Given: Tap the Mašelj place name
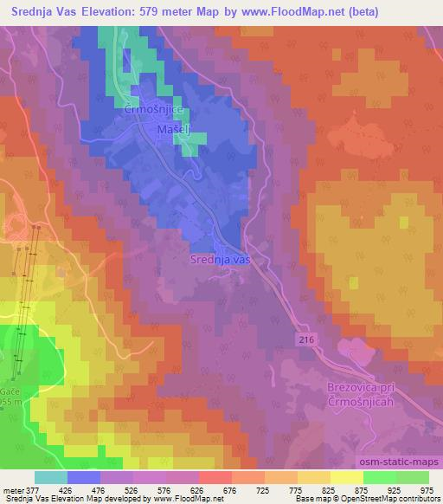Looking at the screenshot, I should tap(173, 130).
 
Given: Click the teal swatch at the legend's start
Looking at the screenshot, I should tap(50, 477).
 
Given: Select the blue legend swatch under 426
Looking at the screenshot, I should tap(83, 477).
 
